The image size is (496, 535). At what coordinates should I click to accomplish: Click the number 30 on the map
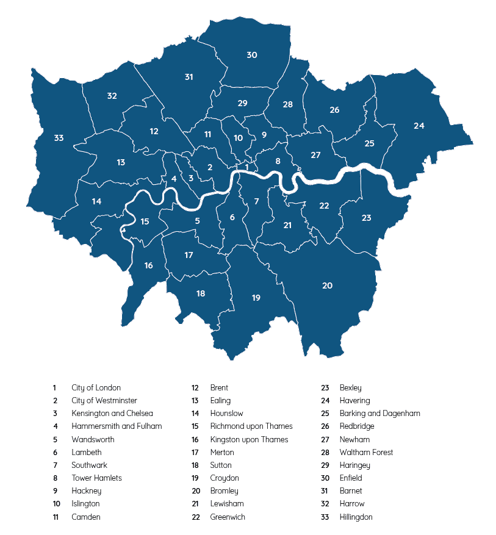[251, 55]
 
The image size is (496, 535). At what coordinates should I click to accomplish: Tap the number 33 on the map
[59, 138]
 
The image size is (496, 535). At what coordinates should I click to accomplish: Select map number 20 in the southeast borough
[327, 285]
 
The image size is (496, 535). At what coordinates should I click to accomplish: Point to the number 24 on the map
[419, 126]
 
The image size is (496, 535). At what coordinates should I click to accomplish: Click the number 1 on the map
[246, 167]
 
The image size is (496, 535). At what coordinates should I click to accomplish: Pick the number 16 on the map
[148, 265]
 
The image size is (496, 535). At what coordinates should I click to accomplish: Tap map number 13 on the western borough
[121, 162]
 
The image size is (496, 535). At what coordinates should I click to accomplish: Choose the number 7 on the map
[256, 201]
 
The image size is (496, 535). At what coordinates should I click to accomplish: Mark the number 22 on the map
[324, 206]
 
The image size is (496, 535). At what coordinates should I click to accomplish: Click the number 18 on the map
[201, 293]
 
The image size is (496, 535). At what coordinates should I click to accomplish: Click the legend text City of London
[96, 387]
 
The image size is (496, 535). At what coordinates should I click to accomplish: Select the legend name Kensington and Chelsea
[112, 414]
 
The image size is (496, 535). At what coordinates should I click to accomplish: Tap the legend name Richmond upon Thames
[251, 426]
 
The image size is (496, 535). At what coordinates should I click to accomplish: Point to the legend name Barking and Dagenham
[379, 414]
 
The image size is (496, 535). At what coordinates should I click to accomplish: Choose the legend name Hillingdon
[356, 517]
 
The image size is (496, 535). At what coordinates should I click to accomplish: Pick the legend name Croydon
[225, 478]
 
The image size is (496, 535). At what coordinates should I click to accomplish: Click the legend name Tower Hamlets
[96, 478]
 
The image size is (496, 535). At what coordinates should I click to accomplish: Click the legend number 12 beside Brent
[195, 387]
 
